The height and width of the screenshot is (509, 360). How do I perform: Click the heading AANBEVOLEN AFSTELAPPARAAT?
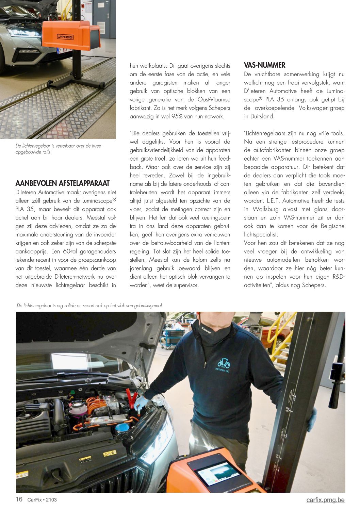click(63, 183)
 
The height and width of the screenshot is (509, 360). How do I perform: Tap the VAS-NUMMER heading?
click(264, 65)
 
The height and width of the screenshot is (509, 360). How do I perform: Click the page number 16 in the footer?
click(19, 499)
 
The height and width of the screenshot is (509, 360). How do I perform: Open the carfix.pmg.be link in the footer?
click(325, 499)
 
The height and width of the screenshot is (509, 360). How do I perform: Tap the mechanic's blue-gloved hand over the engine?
click(140, 403)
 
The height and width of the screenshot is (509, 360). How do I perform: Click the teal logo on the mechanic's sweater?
click(224, 363)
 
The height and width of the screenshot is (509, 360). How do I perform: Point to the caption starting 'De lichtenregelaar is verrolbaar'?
click(58, 149)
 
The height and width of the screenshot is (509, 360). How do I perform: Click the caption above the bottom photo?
click(89, 306)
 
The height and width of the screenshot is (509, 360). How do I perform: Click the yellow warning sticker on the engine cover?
click(110, 453)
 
